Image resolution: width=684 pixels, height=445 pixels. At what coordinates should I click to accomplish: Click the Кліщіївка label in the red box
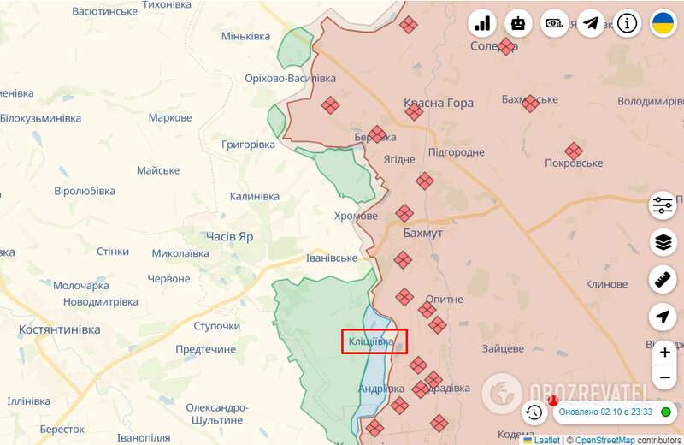point(371,342)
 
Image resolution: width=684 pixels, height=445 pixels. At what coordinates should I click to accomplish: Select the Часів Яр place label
point(229,236)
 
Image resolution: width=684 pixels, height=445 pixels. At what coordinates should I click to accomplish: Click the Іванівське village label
point(332,258)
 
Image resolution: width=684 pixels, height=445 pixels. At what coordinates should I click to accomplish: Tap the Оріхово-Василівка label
point(291,78)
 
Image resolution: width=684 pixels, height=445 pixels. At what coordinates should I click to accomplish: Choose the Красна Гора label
point(439,103)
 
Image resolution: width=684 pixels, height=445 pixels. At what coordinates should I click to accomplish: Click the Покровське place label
point(574,163)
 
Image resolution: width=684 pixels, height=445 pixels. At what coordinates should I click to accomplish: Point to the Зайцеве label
point(503,348)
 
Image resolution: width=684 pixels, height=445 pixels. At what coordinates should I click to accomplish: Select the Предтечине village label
point(205,349)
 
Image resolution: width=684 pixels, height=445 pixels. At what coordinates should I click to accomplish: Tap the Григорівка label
point(248,145)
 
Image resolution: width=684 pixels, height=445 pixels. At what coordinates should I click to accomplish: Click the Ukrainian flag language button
point(663,23)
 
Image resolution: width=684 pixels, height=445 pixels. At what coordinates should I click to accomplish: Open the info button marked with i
point(628,23)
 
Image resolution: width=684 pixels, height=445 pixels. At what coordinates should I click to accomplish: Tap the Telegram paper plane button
point(591,23)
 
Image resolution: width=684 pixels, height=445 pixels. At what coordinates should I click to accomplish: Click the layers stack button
point(663,242)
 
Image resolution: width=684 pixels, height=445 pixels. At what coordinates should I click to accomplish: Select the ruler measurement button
point(663,279)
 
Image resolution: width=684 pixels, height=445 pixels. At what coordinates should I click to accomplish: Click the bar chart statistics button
point(482,23)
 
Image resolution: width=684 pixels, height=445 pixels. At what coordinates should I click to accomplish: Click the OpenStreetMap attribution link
point(604,440)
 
